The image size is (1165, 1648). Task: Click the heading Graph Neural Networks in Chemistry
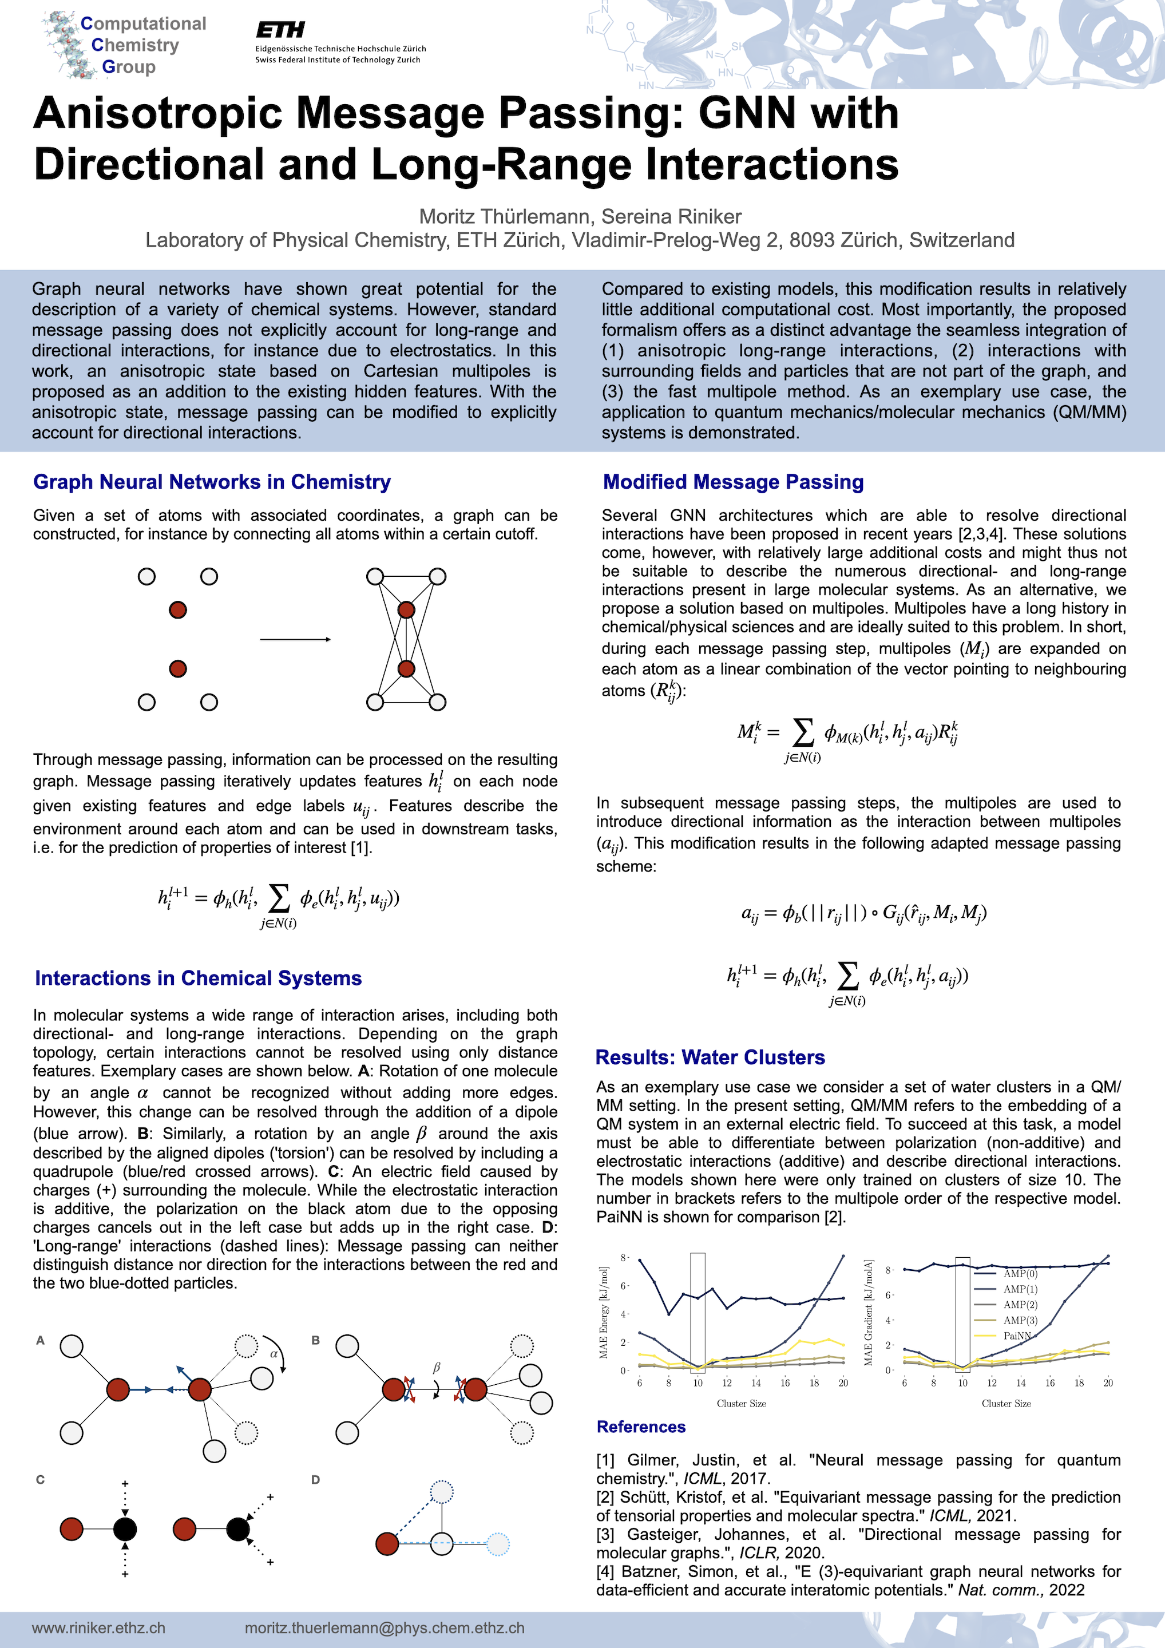pyautogui.click(x=212, y=482)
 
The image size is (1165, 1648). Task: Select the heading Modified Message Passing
pyautogui.click(x=733, y=482)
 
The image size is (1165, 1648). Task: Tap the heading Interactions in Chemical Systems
pyautogui.click(x=198, y=978)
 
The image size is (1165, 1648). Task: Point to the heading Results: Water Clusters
pyautogui.click(x=710, y=1057)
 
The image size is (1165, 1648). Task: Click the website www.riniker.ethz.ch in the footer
pyautogui.click(x=98, y=1628)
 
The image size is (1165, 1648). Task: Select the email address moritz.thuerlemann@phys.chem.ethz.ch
pyautogui.click(x=384, y=1628)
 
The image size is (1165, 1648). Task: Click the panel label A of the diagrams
pyautogui.click(x=40, y=1340)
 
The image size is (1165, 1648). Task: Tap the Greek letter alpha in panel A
pyautogui.click(x=274, y=1354)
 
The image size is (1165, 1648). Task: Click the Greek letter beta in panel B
pyautogui.click(x=437, y=1368)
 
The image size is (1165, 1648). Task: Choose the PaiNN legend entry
pyautogui.click(x=1017, y=1336)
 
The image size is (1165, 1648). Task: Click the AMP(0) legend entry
pyautogui.click(x=1020, y=1274)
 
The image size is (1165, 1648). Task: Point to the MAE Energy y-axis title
pyautogui.click(x=604, y=1313)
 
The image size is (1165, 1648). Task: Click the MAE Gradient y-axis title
pyautogui.click(x=869, y=1313)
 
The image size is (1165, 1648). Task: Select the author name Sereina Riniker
pyautogui.click(x=671, y=217)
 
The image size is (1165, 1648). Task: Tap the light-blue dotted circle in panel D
pyautogui.click(x=497, y=1543)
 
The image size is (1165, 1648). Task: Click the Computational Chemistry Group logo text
pyautogui.click(x=143, y=45)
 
